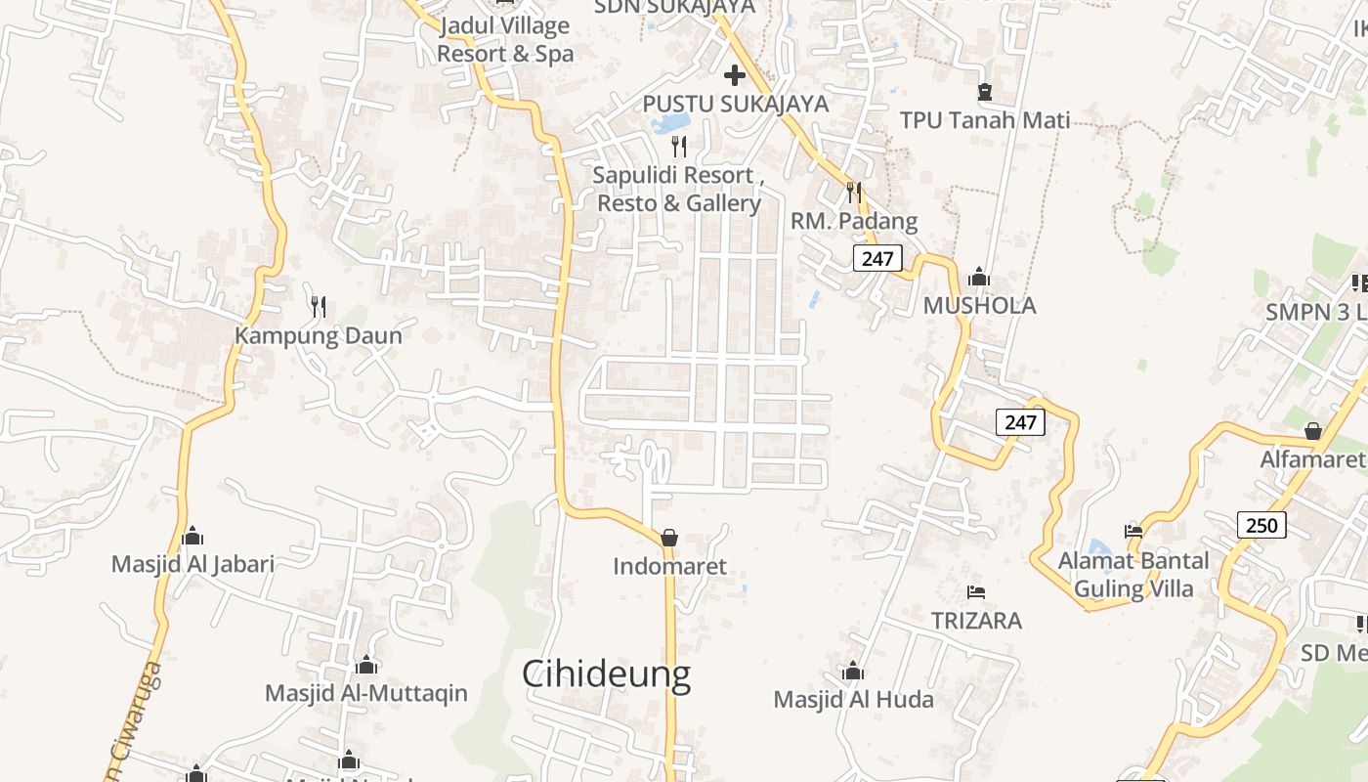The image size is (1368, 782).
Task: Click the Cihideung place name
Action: pos(606,674)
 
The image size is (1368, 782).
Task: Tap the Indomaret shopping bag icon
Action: pos(669,538)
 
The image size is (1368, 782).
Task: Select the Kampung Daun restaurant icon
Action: pos(319,307)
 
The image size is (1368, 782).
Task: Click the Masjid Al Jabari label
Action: pos(192,564)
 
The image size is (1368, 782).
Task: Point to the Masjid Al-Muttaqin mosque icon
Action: pos(366,666)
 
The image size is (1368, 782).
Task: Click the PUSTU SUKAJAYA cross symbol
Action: pos(735,75)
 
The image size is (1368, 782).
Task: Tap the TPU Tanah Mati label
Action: pos(985,120)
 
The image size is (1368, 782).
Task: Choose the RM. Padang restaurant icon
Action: pos(854,192)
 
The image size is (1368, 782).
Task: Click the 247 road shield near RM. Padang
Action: pos(877,258)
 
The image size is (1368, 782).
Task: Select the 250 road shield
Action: pos(1261,525)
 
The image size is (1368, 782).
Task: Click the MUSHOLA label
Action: pos(979,306)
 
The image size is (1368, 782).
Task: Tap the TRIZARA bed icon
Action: pos(975,592)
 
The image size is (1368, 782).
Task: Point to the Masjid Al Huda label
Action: pos(853,700)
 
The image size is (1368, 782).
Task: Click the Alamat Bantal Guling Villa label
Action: pos(1133,574)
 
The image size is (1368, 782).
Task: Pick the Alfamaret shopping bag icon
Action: pos(1313,431)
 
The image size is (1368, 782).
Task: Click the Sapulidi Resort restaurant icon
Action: pos(679,147)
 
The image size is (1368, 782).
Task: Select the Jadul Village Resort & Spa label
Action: pos(505,39)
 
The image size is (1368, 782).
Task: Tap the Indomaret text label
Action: pos(670,566)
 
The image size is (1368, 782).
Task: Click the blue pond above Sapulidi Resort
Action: pos(670,123)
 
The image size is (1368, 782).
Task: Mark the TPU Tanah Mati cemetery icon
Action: pos(985,92)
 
